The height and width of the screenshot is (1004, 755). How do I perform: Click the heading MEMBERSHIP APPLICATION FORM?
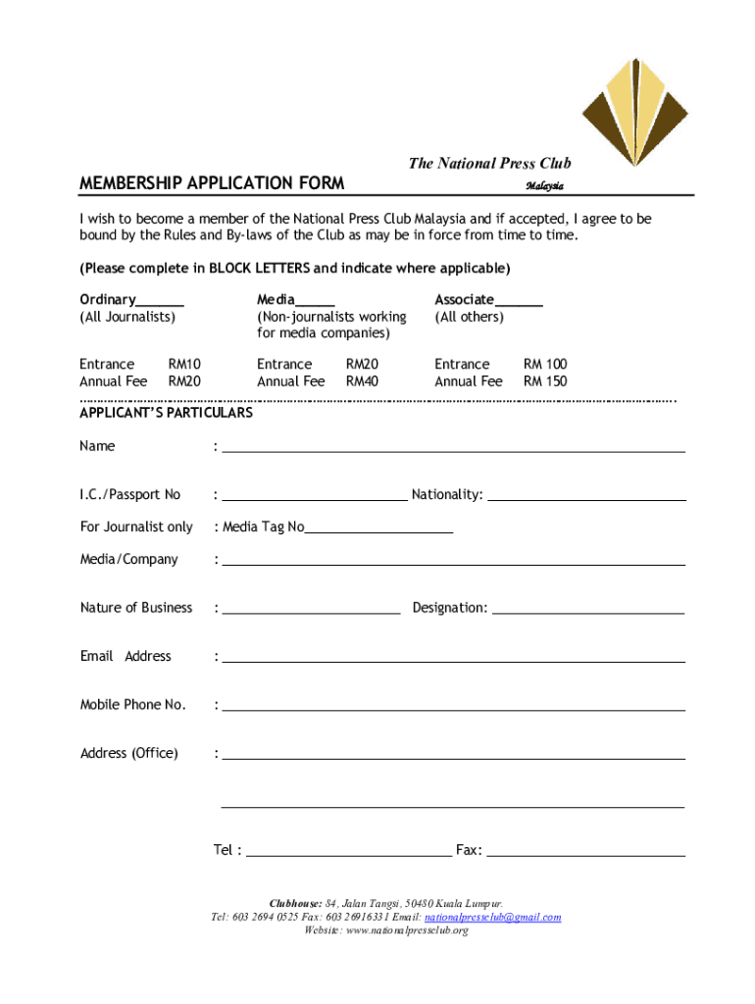click(x=212, y=183)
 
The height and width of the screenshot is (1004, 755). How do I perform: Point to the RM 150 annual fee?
click(x=545, y=381)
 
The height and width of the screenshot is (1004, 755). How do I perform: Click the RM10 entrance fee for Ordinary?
click(x=184, y=365)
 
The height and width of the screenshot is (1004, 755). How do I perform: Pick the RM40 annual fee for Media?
click(x=362, y=381)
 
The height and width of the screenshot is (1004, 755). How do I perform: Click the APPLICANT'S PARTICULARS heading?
click(x=166, y=413)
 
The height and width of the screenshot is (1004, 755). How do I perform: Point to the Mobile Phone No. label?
click(x=133, y=705)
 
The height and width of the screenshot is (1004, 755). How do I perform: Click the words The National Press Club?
click(x=489, y=163)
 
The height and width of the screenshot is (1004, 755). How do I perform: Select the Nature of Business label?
click(x=136, y=608)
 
